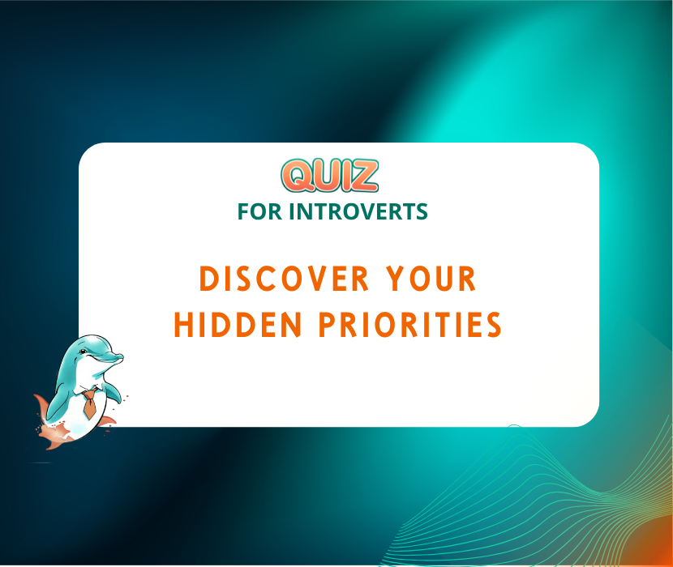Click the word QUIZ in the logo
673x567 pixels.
point(329,175)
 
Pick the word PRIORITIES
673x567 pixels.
point(409,325)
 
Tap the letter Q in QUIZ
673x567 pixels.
point(295,175)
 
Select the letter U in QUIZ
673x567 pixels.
point(323,175)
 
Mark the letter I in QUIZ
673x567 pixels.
point(345,175)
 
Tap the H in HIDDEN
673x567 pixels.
point(183,325)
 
